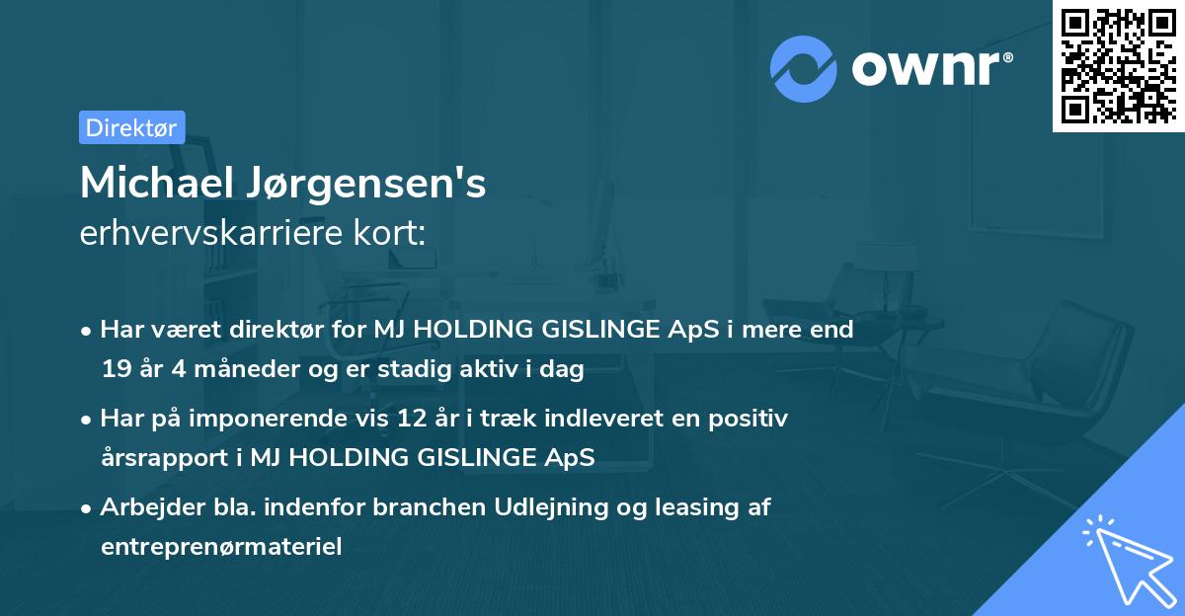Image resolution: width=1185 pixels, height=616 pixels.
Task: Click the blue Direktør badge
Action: pos(131,127)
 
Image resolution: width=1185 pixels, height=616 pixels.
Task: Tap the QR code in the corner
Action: pos(1117,65)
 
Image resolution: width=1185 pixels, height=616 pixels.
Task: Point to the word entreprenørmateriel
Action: pos(221,547)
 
